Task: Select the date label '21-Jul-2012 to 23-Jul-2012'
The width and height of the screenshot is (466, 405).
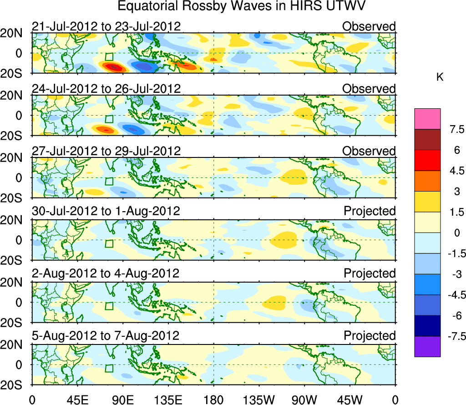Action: (106, 26)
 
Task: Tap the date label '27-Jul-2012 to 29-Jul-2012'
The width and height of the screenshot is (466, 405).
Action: (106, 151)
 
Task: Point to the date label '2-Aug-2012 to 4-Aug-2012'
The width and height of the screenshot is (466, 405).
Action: (106, 273)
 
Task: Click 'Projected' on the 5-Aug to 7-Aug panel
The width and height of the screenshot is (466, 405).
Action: (370, 336)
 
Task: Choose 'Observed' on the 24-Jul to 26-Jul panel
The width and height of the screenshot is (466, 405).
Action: (369, 89)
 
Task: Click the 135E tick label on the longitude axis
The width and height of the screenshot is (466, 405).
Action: (168, 400)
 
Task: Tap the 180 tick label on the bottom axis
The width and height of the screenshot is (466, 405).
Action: (213, 400)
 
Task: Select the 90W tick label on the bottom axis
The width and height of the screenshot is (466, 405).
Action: (304, 400)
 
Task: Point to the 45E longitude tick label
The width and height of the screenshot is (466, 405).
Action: (77, 400)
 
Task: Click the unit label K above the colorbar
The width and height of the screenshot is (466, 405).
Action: (440, 78)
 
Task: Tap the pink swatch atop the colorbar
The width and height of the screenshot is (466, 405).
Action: (427, 119)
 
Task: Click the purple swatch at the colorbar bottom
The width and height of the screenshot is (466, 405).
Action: (427, 346)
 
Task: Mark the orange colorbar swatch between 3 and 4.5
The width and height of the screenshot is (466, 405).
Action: (427, 181)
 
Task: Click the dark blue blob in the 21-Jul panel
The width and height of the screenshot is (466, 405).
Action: (145, 66)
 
